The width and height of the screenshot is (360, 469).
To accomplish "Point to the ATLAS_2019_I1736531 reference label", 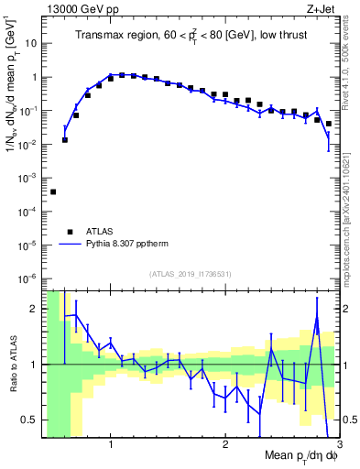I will pos(191,275).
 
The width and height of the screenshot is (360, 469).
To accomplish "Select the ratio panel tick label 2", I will pos(35,309).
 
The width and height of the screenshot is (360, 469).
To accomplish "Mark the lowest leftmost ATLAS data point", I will pos(53,191).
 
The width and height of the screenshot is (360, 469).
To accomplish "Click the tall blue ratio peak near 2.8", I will pos(317,318).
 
